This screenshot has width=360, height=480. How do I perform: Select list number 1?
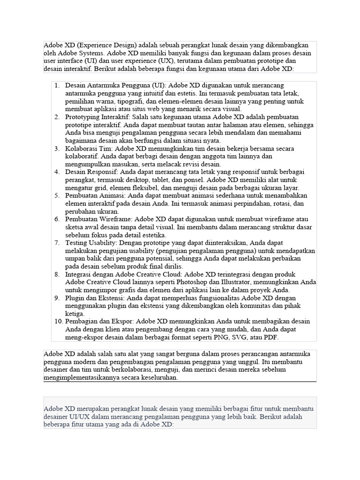coord(57,86)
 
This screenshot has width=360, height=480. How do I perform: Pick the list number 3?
coord(57,149)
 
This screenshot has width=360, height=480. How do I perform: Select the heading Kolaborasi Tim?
coord(89,149)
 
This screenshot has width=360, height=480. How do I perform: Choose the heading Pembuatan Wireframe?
coord(99,219)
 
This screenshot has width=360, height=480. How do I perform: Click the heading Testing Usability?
coord(91,243)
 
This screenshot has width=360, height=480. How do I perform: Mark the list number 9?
coord(57,298)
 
